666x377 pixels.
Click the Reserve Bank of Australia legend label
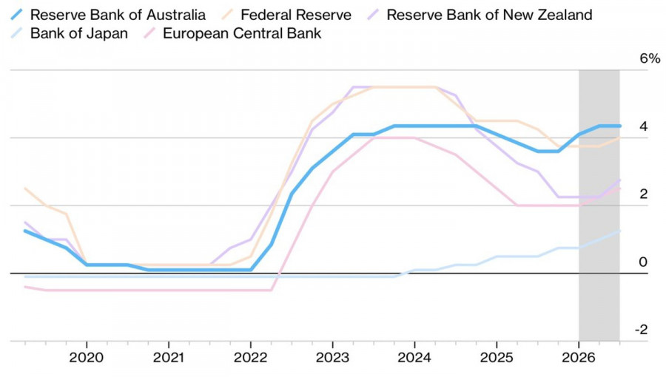point(118,15)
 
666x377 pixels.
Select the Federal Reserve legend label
point(295,15)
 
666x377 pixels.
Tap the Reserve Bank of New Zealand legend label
point(489,15)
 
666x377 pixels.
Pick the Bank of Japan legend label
point(79,33)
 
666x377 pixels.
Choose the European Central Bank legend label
point(242,33)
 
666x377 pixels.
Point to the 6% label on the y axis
point(650,58)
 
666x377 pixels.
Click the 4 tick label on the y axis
point(644,126)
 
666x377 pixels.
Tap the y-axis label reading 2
point(644,194)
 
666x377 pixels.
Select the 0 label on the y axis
point(644,262)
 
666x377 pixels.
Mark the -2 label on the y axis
point(642,330)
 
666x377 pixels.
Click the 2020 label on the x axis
point(87,358)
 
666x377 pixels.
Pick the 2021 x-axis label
point(169,358)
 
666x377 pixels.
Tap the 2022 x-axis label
point(251,358)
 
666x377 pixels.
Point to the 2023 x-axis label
point(332,358)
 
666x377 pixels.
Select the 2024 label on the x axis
point(414,358)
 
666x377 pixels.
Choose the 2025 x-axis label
point(497,358)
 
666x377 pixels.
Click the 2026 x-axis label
point(579,358)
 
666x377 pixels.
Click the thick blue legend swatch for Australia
point(16,15)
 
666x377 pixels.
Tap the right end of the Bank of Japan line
point(619,231)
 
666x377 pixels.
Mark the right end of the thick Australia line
point(619,126)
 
